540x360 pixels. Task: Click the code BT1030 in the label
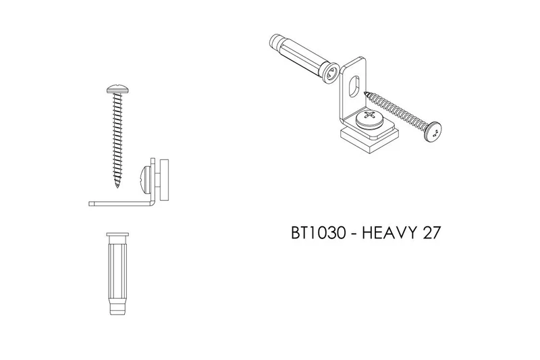(x=318, y=233)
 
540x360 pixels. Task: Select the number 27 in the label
(x=431, y=233)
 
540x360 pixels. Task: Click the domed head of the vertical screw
(x=117, y=89)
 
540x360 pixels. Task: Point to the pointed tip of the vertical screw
(x=117, y=186)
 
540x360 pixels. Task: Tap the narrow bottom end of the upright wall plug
(x=117, y=309)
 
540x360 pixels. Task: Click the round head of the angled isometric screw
(x=433, y=131)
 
